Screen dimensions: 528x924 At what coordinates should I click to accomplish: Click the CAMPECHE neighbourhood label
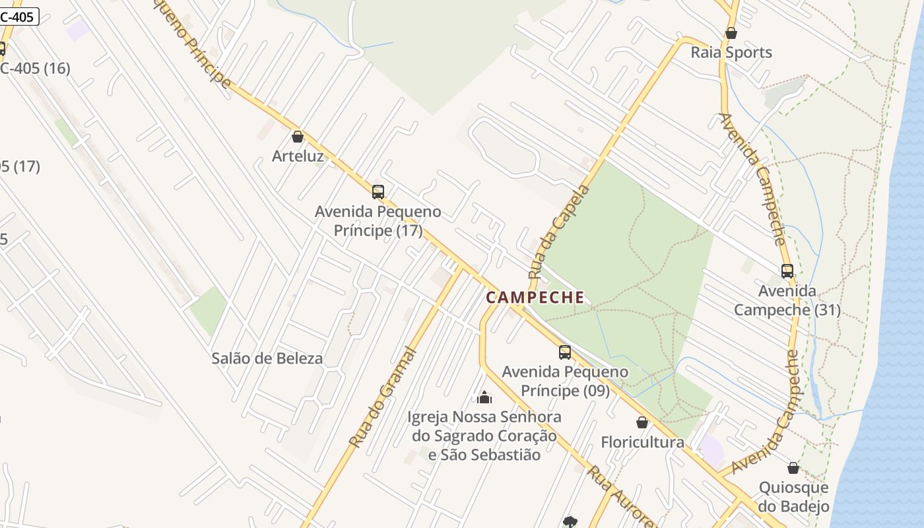535,298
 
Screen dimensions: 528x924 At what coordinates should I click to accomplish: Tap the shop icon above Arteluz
298,137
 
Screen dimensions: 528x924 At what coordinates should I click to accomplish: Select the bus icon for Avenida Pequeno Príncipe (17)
378,192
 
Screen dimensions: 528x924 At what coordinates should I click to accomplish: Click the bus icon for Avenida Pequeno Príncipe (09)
565,352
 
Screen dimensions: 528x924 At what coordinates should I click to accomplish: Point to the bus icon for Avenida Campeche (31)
787,271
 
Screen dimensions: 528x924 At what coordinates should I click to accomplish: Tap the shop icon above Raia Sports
731,33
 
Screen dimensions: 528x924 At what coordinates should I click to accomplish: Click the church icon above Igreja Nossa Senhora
484,397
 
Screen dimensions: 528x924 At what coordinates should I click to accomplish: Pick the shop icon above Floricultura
642,422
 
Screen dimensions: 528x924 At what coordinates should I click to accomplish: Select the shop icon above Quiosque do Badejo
793,468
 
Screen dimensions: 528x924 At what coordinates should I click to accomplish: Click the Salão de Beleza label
267,358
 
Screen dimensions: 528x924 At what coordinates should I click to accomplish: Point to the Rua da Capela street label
558,232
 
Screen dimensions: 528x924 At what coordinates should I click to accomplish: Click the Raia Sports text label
731,53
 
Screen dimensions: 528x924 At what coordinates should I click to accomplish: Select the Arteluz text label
298,156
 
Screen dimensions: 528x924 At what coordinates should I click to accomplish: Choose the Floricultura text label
642,442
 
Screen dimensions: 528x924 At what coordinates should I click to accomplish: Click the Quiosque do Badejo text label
793,497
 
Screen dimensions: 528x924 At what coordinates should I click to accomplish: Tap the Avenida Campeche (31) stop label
787,300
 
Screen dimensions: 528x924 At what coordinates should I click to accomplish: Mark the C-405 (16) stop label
34,68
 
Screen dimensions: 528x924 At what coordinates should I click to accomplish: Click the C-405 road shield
18,16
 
